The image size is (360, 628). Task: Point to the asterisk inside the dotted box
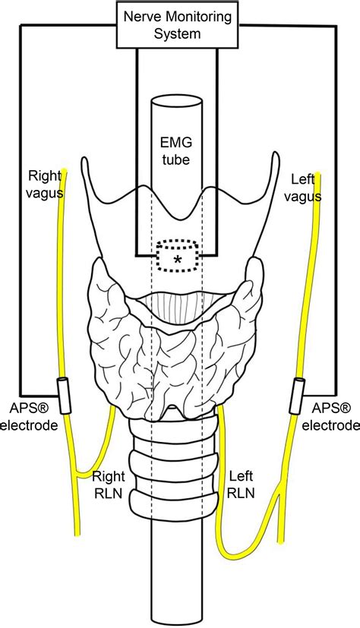pyautogui.click(x=178, y=260)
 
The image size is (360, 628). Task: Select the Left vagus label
pyautogui.click(x=308, y=188)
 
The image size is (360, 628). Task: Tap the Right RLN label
pyautogui.click(x=109, y=487)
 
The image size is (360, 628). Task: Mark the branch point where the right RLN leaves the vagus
pyautogui.click(x=74, y=476)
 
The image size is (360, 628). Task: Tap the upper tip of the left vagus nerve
pyautogui.click(x=320, y=176)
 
